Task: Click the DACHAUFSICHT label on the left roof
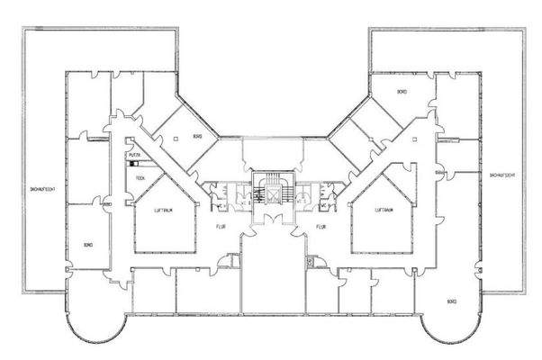(42, 187)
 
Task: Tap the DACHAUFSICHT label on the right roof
(501, 174)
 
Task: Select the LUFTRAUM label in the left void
(164, 209)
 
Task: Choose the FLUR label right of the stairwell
(319, 228)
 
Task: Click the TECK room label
(140, 178)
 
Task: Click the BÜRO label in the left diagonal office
(196, 137)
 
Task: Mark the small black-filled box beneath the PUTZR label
(131, 164)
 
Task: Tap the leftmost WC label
(219, 205)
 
